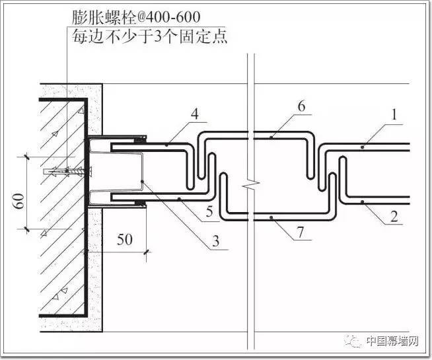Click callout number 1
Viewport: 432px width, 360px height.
[x=394, y=114]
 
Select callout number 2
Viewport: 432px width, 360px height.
[x=394, y=217]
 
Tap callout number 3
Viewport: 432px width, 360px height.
[x=216, y=241]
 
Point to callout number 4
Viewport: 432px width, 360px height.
[x=195, y=114]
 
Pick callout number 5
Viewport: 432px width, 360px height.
[x=209, y=211]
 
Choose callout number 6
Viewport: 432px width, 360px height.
[x=301, y=106]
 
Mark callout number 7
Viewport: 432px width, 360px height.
[x=300, y=232]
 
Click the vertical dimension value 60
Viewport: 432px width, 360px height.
[x=20, y=201]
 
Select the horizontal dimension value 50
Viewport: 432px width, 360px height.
[x=125, y=239]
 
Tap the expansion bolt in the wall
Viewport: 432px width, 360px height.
[x=67, y=172]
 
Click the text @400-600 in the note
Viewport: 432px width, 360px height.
[x=168, y=17]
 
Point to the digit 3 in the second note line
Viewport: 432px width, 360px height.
[x=157, y=37]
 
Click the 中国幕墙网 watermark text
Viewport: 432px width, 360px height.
[x=392, y=342]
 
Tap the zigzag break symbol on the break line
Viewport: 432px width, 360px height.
[x=251, y=184]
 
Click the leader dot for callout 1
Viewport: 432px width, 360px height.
[x=363, y=147]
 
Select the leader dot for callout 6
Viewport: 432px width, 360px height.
[x=271, y=137]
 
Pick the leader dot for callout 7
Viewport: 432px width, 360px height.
[x=271, y=217]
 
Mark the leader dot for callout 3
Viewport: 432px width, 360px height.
[x=142, y=182]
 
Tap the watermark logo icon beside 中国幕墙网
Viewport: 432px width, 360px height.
[x=353, y=342]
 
